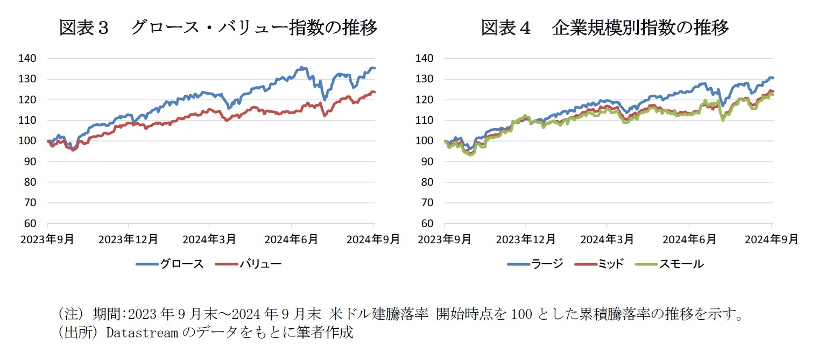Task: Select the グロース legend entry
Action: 170,264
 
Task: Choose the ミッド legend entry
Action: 602,264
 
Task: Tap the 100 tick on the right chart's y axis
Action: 424,141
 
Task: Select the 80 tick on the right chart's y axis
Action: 427,182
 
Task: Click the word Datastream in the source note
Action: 142,332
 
